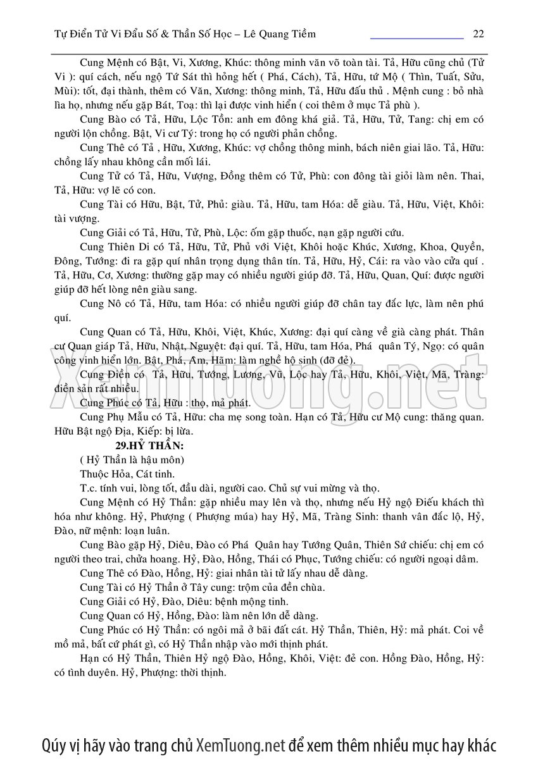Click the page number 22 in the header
pyautogui.click(x=478, y=34)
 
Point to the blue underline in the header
pyautogui.click(x=416, y=39)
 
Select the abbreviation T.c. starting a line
pyautogui.click(x=91, y=488)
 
